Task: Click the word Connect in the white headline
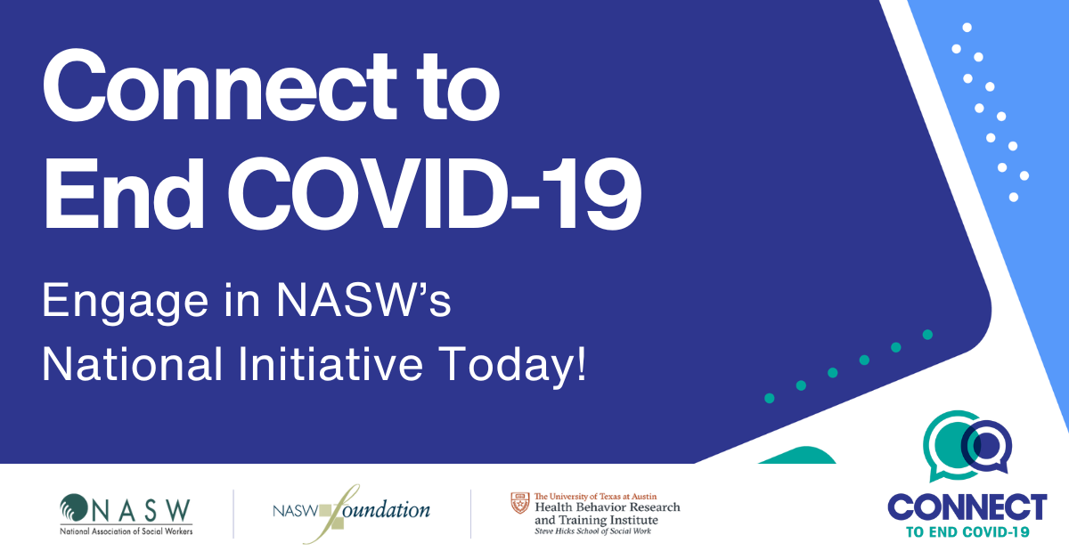[219, 85]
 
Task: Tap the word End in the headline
[124, 194]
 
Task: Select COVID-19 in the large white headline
[435, 194]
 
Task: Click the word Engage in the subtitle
[125, 303]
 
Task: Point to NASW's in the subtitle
[363, 300]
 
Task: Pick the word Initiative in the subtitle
[330, 364]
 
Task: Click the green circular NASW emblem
[73, 507]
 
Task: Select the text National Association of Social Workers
[126, 531]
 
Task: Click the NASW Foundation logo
[351, 514]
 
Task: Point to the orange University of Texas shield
[520, 503]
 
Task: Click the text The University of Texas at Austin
[596, 497]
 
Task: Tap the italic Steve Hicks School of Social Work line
[592, 531]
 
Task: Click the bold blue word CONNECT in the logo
[967, 507]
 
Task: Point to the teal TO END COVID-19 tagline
[967, 531]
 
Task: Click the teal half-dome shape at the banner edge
[797, 455]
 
